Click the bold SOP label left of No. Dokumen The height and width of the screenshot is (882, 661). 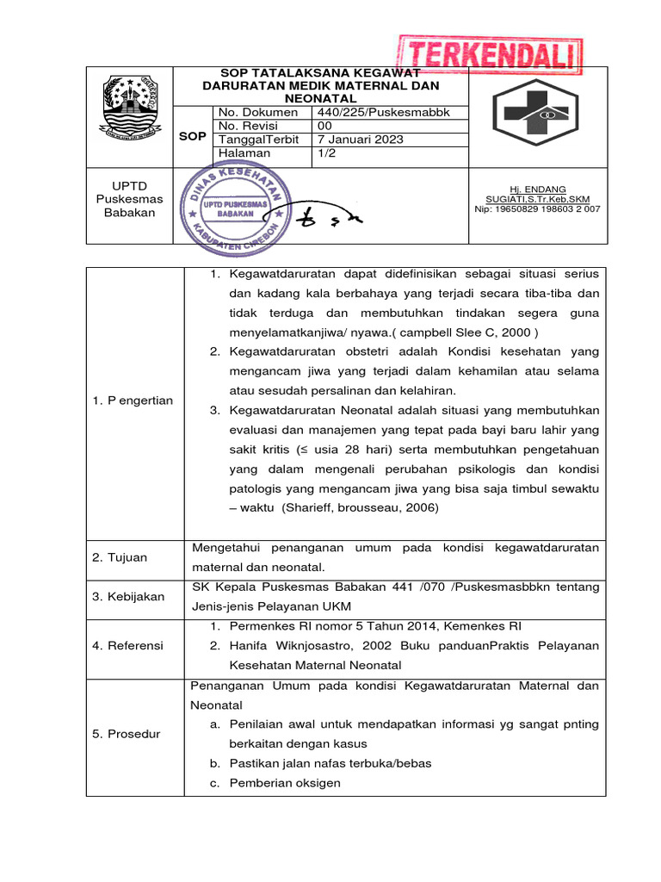[192, 137]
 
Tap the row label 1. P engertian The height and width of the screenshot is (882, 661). [134, 401]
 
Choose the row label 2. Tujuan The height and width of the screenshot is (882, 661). [120, 557]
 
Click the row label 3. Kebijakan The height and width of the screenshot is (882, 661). [128, 597]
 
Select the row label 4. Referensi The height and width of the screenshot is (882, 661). [127, 645]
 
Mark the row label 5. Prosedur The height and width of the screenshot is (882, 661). [126, 734]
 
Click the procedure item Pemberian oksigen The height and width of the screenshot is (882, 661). [285, 783]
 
